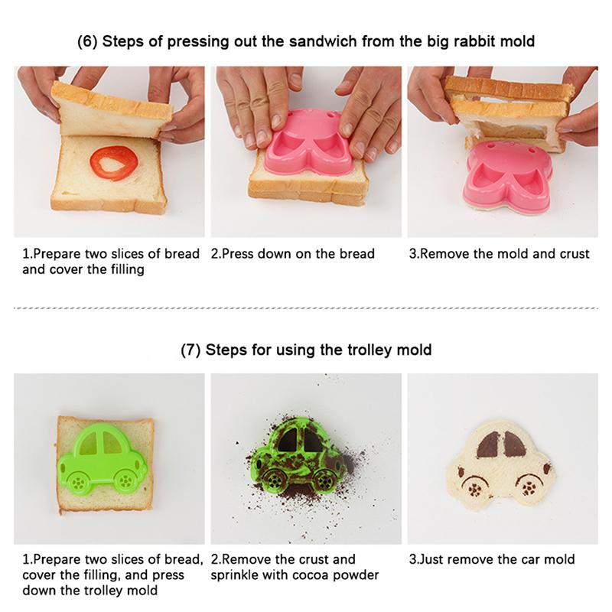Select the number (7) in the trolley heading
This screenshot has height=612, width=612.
coord(190,350)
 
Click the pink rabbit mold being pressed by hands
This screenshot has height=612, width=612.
coord(305,145)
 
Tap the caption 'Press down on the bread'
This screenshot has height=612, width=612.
coord(293,254)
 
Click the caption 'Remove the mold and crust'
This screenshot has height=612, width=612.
coord(500,254)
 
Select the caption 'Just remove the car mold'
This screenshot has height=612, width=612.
coord(492,560)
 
